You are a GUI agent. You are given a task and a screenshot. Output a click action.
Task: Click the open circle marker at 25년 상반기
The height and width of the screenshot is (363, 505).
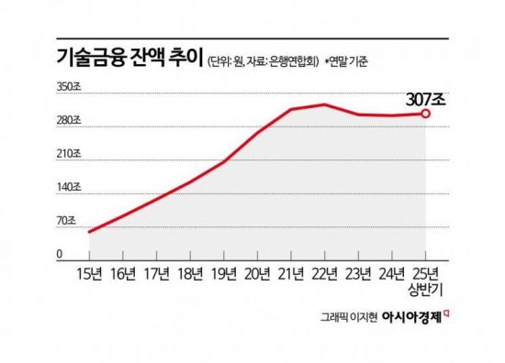pyautogui.click(x=426, y=114)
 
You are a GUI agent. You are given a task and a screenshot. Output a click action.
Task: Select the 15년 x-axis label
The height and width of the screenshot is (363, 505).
pyautogui.click(x=90, y=272)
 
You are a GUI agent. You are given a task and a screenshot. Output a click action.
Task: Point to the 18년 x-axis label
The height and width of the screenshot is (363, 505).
pyautogui.click(x=190, y=272)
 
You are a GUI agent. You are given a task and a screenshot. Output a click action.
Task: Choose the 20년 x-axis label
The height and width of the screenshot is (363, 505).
pyautogui.click(x=258, y=272)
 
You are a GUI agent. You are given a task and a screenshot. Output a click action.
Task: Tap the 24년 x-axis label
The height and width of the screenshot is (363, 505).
pyautogui.click(x=392, y=272)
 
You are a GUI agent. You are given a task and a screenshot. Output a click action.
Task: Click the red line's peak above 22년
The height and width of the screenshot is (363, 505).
pyautogui.click(x=325, y=104)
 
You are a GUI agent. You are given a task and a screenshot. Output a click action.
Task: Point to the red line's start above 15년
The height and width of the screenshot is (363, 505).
pyautogui.click(x=90, y=231)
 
